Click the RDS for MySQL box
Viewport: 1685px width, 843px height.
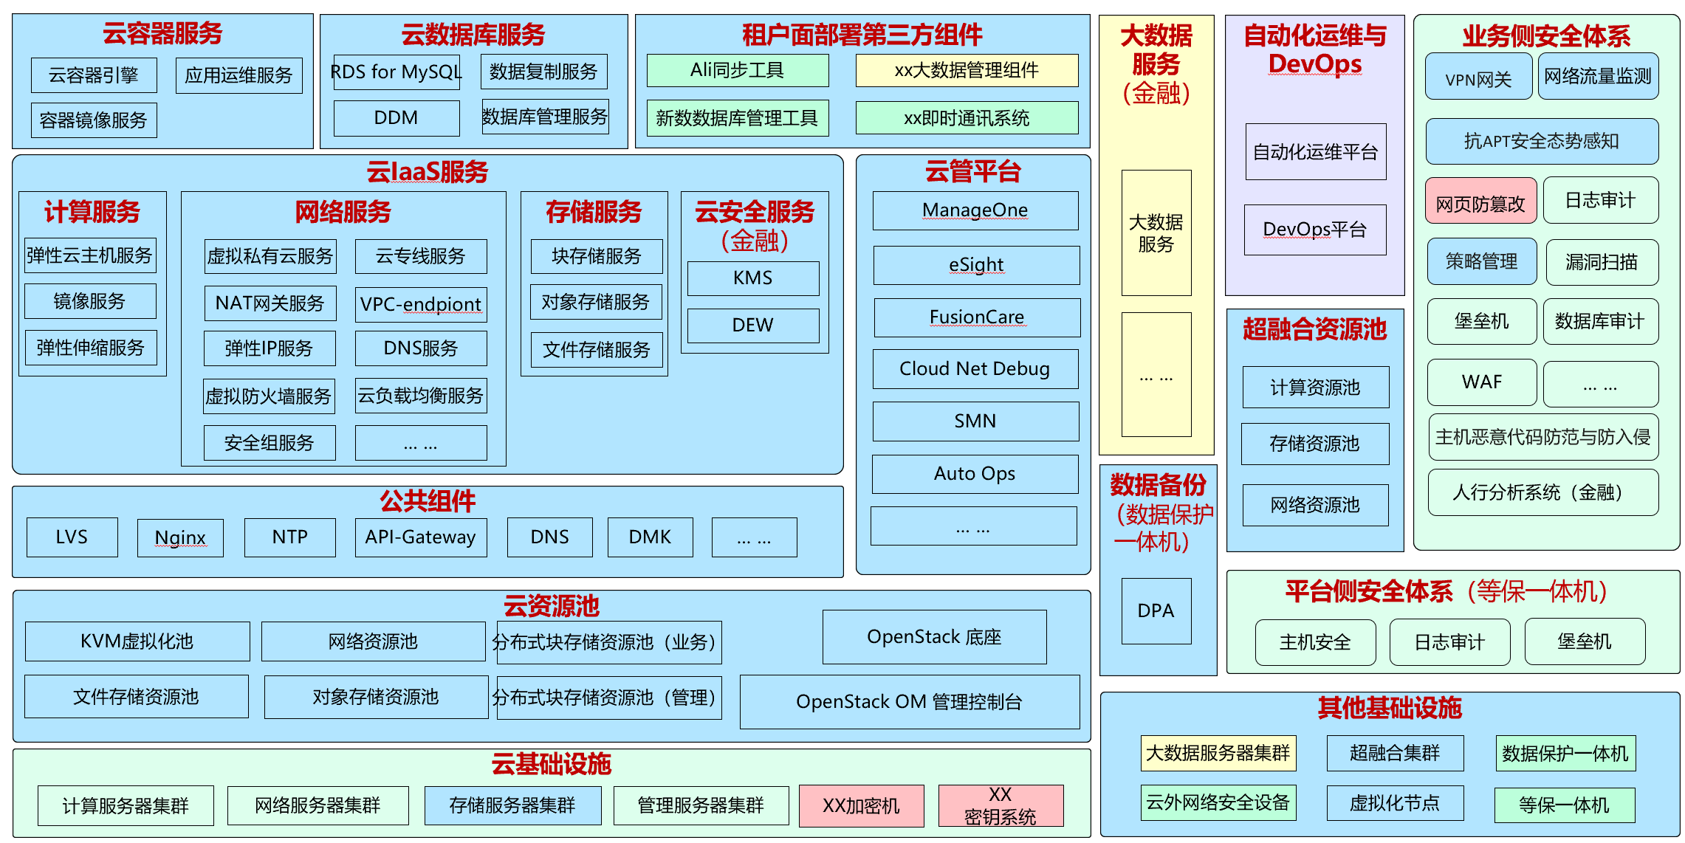click(x=397, y=72)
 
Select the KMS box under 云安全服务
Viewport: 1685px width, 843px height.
click(x=752, y=278)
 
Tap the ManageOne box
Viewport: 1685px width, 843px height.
click(x=975, y=210)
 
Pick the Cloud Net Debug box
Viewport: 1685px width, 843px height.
click(x=975, y=369)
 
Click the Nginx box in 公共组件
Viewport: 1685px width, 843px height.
click(x=180, y=537)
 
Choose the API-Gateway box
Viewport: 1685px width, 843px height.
click(x=420, y=537)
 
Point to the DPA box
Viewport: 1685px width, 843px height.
click(x=1156, y=611)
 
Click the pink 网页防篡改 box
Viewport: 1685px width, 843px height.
click(x=1480, y=201)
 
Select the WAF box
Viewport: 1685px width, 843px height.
click(x=1481, y=382)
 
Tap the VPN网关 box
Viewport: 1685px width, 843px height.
click(x=1478, y=77)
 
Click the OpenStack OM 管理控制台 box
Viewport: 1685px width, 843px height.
click(x=909, y=702)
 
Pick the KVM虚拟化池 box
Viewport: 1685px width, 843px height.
click(x=137, y=641)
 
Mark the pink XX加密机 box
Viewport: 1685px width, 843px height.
click(x=861, y=806)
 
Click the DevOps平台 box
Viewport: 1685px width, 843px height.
click(x=1315, y=230)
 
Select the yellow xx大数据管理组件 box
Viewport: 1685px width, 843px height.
click(x=967, y=71)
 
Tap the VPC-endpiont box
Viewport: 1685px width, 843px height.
click(x=421, y=305)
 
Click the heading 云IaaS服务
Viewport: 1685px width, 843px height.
click(x=428, y=173)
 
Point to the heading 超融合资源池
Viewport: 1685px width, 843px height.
click(x=1314, y=329)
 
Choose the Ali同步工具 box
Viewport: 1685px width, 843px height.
click(x=737, y=71)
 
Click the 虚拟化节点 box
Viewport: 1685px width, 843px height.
click(x=1395, y=803)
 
